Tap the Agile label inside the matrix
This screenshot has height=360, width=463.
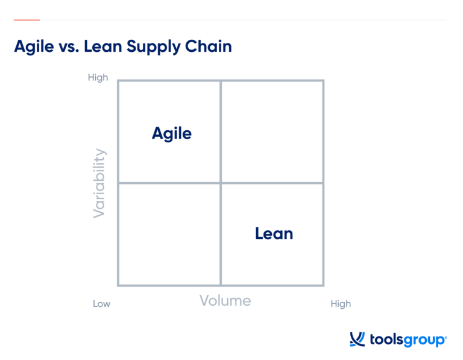172,133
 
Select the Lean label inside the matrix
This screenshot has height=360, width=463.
274,233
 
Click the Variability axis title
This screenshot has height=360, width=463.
99,183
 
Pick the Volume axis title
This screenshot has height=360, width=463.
225,300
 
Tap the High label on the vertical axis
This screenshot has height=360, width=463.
98,78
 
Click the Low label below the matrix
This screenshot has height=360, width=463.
101,304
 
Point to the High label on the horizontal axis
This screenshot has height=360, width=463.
341,304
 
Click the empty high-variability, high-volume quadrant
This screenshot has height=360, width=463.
272,131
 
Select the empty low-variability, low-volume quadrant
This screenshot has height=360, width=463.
169,234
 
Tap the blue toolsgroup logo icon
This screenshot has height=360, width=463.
357,339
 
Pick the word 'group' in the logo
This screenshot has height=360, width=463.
424,341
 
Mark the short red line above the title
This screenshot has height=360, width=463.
27,20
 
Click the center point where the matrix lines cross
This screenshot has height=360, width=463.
221,183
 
